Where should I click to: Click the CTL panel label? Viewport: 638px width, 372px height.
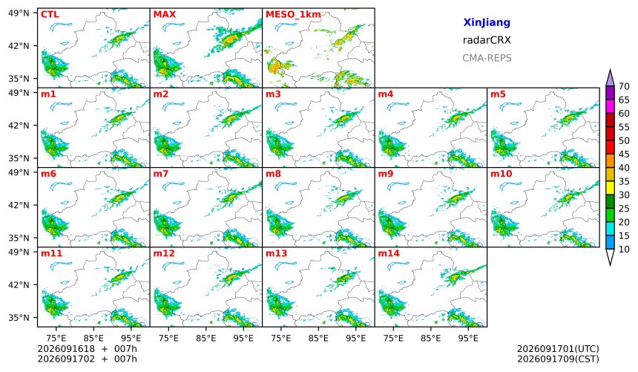pyautogui.click(x=50, y=15)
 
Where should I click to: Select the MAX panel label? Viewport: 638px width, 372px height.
pyautogui.click(x=165, y=15)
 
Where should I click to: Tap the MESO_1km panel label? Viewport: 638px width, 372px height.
pyautogui.click(x=293, y=15)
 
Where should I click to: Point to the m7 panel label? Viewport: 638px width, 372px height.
pyautogui.click(x=161, y=174)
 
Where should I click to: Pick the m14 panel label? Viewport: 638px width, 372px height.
pyautogui.click(x=389, y=253)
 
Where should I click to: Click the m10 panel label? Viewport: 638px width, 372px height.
pyautogui.click(x=501, y=174)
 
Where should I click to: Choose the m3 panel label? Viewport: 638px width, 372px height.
pyautogui.click(x=273, y=94)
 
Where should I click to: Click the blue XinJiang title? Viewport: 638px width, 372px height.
pyautogui.click(x=487, y=22)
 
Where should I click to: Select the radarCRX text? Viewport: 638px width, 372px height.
pyautogui.click(x=487, y=40)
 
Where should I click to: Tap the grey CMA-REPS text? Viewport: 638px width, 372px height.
pyautogui.click(x=487, y=58)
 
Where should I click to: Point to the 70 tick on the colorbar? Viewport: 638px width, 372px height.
pyautogui.click(x=624, y=86)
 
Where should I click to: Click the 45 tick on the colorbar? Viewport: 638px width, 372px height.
pyautogui.click(x=624, y=154)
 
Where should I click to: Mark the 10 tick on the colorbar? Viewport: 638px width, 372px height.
pyautogui.click(x=624, y=249)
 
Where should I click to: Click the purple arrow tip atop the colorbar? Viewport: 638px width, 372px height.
pyautogui.click(x=610, y=70)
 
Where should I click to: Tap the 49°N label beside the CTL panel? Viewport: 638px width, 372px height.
pyautogui.click(x=19, y=13)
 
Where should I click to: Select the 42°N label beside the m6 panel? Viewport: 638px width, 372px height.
pyautogui.click(x=19, y=205)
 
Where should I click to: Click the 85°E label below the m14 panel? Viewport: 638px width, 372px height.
pyautogui.click(x=431, y=338)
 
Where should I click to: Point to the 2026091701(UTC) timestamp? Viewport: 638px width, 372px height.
pyautogui.click(x=558, y=349)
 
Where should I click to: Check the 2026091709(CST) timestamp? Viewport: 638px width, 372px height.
pyautogui.click(x=558, y=359)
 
